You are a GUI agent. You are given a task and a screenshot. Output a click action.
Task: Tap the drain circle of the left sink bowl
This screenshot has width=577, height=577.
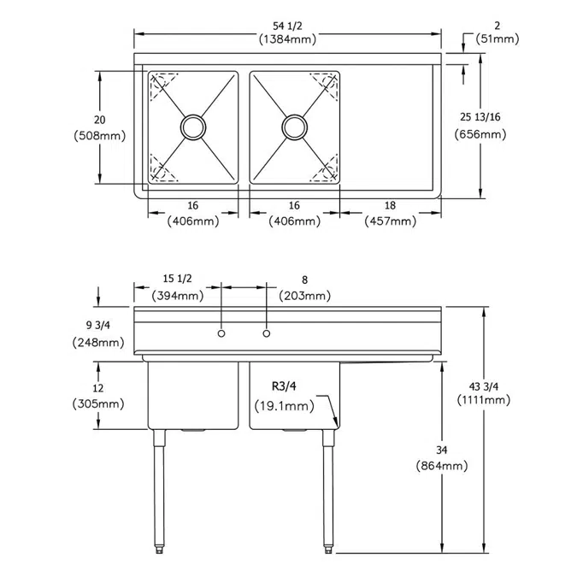(x=192, y=127)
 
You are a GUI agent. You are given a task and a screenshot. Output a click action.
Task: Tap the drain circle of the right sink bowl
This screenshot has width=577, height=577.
(x=295, y=127)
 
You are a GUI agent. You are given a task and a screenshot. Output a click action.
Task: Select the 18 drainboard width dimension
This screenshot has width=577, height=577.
(x=391, y=205)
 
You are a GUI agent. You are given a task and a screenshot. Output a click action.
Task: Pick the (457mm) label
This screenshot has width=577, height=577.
(x=391, y=221)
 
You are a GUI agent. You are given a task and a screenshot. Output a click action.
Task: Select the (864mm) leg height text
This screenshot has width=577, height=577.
(x=441, y=466)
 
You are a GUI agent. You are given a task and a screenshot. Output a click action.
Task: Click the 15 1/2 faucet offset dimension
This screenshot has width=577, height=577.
(x=178, y=280)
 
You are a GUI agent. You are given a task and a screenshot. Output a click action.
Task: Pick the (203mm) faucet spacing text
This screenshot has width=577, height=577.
(x=305, y=296)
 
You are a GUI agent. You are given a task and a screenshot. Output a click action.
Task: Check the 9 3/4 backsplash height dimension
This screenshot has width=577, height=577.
(x=99, y=326)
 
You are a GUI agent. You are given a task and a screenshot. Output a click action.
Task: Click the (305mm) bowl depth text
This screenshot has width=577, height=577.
(x=99, y=404)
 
